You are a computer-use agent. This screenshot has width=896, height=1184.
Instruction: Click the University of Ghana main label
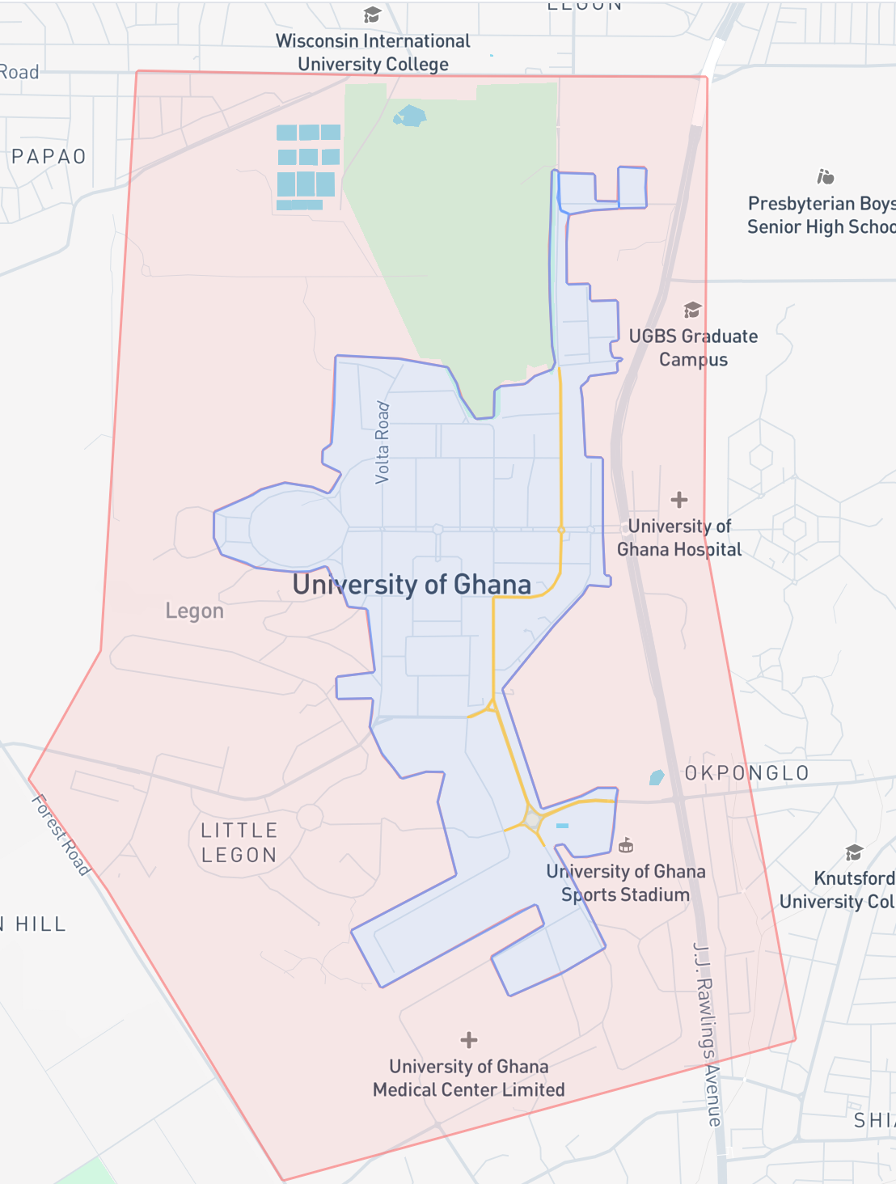click(412, 584)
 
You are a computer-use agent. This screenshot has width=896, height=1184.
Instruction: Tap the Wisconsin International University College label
click(373, 53)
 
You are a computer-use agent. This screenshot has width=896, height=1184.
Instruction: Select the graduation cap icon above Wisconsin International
click(372, 15)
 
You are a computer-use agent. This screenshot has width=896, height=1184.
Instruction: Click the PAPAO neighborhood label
click(49, 157)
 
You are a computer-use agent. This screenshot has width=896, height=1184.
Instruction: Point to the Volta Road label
click(382, 443)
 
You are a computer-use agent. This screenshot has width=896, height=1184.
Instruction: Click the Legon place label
click(194, 611)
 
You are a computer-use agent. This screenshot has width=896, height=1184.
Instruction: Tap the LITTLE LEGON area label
click(239, 843)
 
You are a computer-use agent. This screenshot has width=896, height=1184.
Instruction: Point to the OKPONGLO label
click(746, 773)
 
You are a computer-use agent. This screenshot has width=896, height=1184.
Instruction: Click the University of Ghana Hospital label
click(679, 538)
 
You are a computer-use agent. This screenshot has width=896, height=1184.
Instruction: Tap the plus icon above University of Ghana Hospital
click(679, 500)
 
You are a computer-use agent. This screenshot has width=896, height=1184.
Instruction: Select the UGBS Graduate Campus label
click(693, 348)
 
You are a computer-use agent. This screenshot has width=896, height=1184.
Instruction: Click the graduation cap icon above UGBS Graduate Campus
click(692, 310)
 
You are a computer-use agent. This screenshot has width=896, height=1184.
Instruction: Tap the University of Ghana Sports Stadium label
click(625, 883)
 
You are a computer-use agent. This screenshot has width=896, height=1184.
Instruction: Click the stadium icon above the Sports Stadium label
click(625, 846)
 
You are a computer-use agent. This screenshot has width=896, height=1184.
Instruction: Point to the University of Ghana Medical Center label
click(469, 1078)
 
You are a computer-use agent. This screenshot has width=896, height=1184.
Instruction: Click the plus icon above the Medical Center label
click(469, 1040)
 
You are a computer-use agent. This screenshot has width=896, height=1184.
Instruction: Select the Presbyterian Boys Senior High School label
click(821, 215)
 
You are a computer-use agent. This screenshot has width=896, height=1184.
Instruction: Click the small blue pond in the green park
click(410, 116)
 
